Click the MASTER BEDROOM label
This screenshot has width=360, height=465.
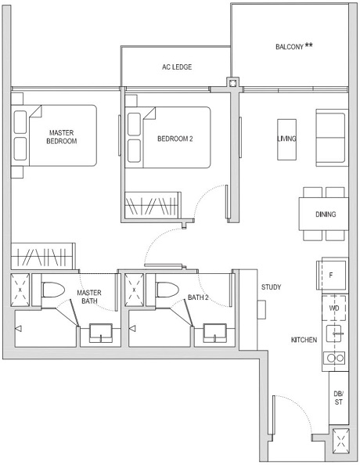point(62,137)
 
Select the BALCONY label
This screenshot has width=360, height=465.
point(293,46)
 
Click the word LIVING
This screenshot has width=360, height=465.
point(286,139)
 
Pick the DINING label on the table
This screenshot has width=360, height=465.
point(324,214)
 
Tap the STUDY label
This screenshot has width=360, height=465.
point(272,287)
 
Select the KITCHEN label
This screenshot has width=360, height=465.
point(304,341)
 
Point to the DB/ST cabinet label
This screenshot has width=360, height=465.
point(338,398)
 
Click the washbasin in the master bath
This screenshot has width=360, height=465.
point(101,333)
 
